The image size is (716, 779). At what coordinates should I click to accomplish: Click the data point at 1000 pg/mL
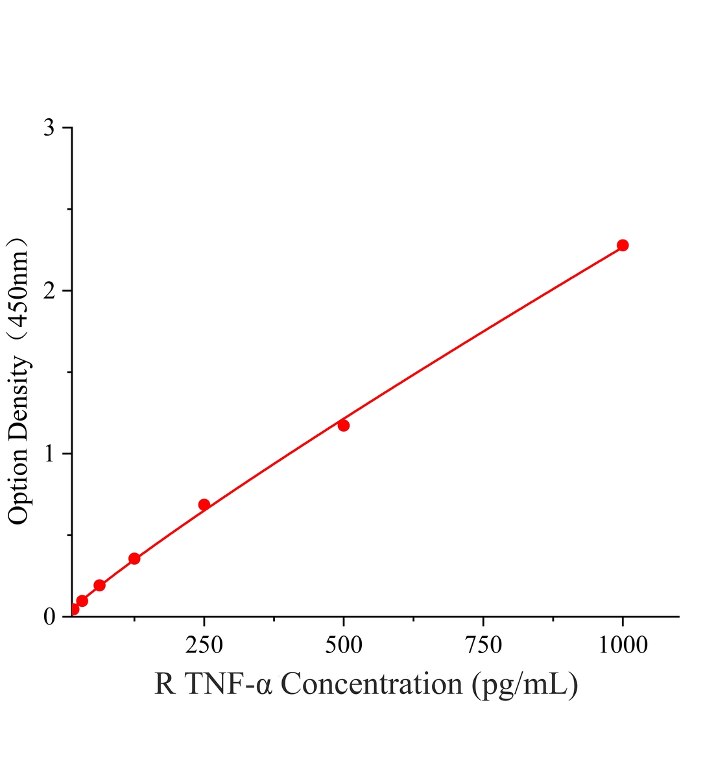623,245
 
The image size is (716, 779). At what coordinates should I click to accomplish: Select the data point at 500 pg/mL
344,425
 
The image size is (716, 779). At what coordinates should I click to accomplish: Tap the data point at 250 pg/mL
204,504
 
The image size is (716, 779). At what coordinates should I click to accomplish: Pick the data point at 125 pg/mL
134,558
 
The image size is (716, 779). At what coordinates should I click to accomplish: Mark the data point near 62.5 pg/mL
100,585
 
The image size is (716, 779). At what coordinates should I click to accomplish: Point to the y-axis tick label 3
49,127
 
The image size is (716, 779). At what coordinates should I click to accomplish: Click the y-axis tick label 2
49,290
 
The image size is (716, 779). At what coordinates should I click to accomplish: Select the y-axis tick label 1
49,453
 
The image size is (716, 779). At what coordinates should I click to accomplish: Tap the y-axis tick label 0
49,616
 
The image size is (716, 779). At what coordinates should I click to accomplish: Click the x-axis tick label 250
204,645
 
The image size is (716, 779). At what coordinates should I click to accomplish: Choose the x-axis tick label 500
344,645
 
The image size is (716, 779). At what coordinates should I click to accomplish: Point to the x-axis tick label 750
483,645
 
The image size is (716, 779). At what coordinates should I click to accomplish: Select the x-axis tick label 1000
623,645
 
